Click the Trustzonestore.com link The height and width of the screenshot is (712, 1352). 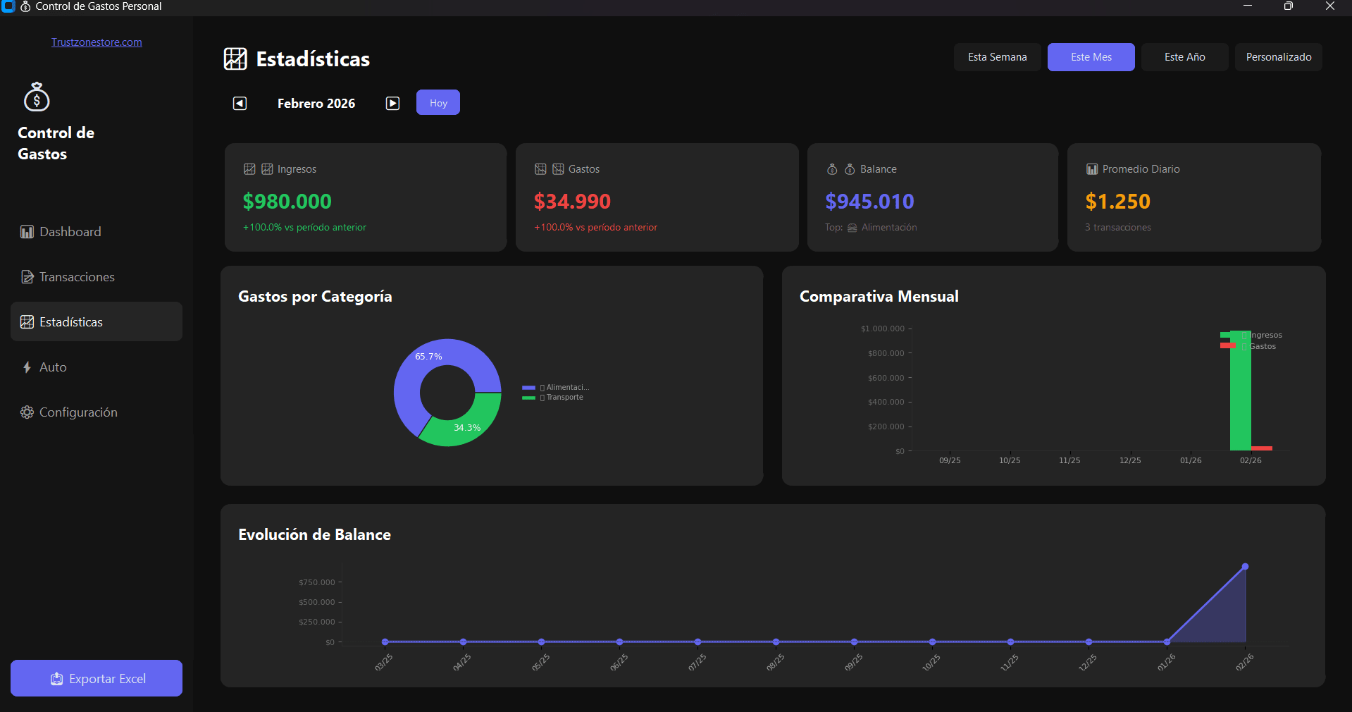(97, 42)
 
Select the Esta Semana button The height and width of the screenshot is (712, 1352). (997, 57)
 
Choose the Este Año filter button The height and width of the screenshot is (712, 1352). (1184, 57)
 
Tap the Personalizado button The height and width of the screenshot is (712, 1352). (1278, 57)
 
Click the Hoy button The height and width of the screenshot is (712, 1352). (438, 103)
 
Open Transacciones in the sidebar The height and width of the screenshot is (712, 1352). (77, 277)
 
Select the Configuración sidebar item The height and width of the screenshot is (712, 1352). (78, 412)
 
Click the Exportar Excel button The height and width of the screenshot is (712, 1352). (97, 678)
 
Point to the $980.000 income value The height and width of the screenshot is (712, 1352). (287, 202)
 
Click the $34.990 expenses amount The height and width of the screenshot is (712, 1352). (572, 202)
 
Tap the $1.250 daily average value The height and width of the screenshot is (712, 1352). (1117, 202)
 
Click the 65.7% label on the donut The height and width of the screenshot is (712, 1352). (428, 357)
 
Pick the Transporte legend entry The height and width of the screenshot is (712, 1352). (564, 398)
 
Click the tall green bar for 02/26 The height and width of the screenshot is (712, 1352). (1240, 395)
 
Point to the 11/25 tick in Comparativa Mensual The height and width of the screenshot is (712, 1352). (1069, 460)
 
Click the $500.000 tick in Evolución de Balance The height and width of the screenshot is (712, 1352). (317, 602)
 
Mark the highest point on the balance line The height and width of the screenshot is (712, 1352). (1245, 567)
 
